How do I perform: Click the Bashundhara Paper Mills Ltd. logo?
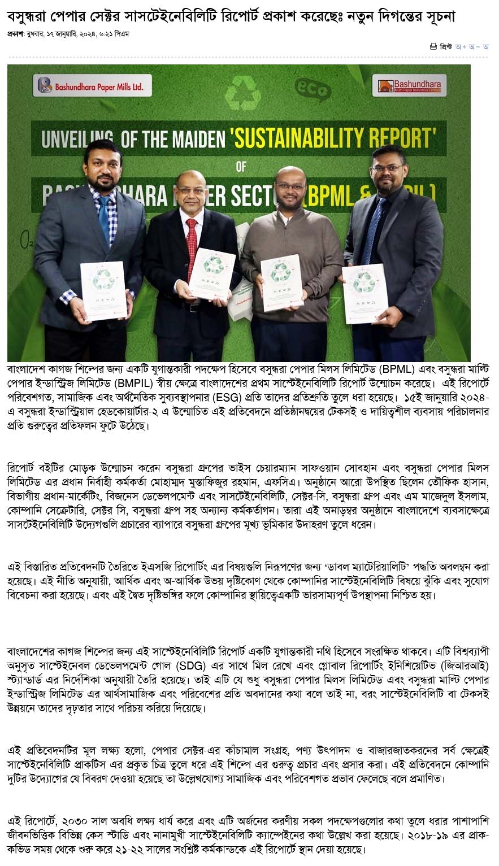click(x=93, y=86)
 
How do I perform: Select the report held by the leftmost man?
click(x=103, y=290)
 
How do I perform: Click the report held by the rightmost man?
click(x=365, y=293)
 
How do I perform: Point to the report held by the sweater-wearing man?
click(x=281, y=282)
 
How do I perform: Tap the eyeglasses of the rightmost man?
click(x=387, y=168)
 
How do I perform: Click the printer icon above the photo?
click(x=433, y=46)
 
